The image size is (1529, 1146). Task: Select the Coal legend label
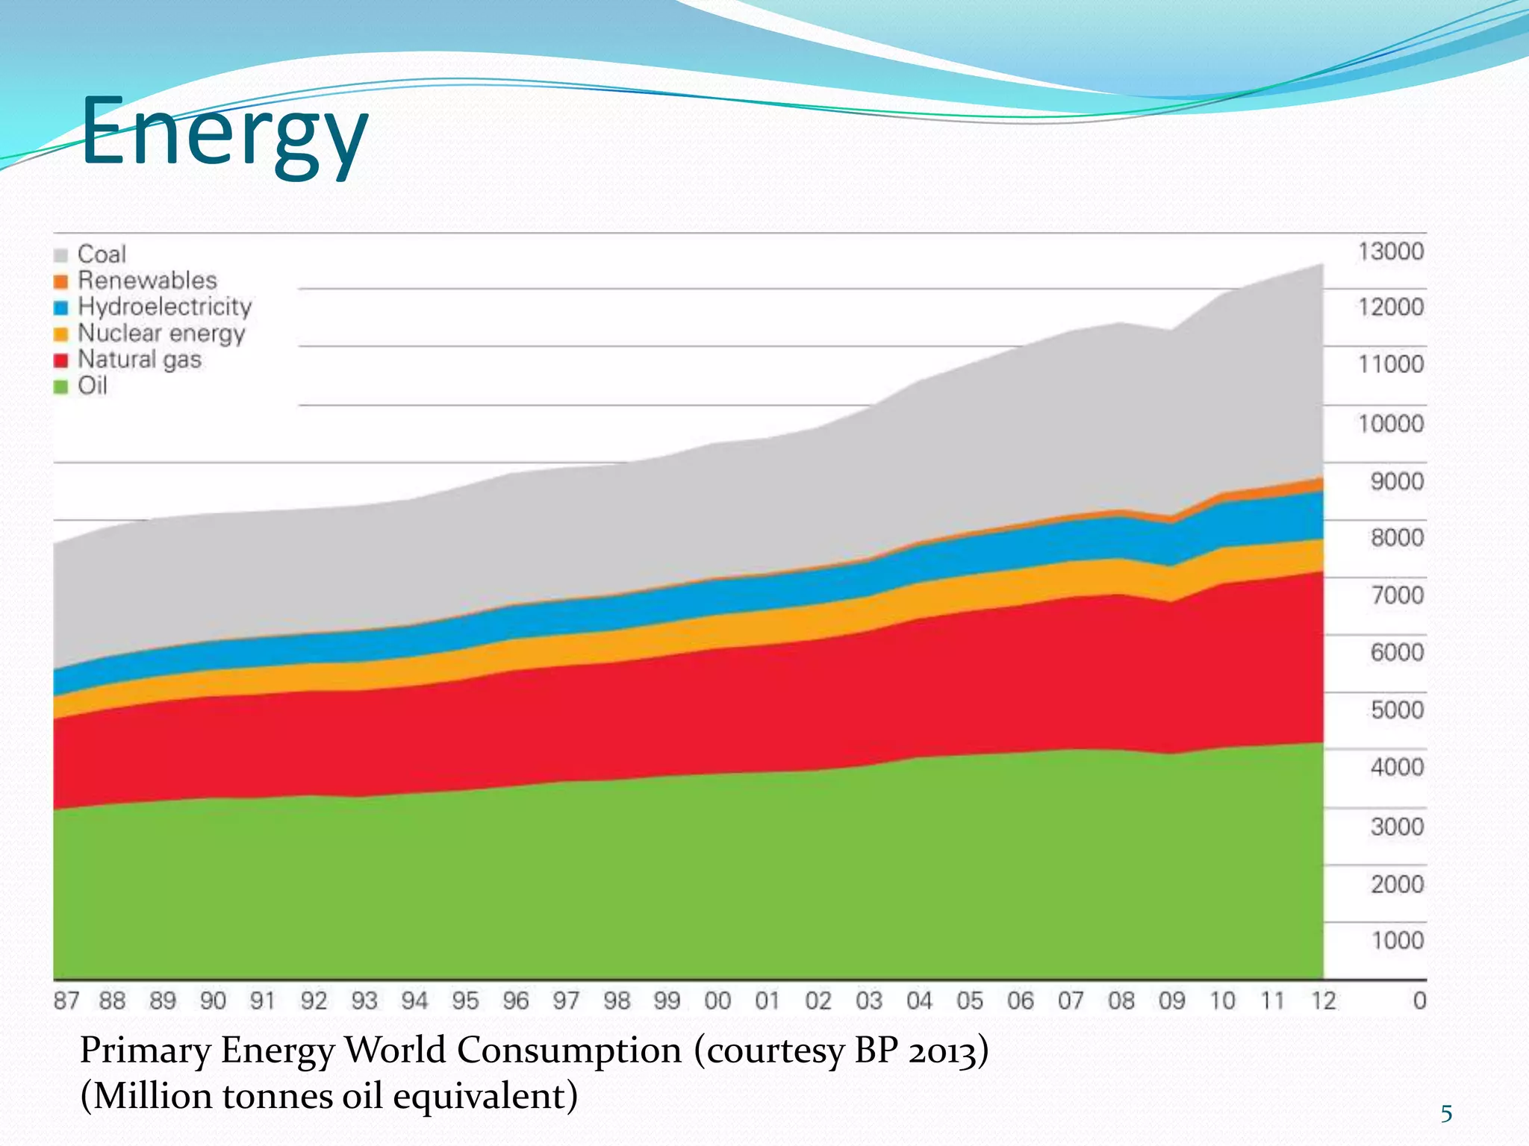click(102, 254)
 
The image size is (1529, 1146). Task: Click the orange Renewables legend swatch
click(61, 281)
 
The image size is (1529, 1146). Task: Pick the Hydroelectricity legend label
click(164, 307)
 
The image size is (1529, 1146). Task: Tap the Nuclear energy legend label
click(161, 334)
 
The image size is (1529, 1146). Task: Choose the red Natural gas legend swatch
click(61, 360)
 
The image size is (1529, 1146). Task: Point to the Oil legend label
click(93, 386)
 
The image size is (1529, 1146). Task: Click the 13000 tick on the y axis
click(1390, 251)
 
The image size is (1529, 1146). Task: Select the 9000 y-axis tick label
click(1396, 481)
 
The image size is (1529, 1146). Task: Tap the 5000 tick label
click(1396, 710)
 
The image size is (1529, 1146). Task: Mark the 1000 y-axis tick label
click(1396, 940)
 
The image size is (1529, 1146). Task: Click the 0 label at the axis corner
click(1419, 1001)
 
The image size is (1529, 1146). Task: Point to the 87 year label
click(66, 1001)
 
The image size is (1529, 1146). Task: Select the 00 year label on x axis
click(717, 1001)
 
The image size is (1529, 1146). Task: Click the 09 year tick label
click(1171, 1001)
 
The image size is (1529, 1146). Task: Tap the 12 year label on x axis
click(1323, 1001)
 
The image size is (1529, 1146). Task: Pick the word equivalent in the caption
click(485, 1097)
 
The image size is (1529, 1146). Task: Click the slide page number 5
click(1446, 1114)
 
